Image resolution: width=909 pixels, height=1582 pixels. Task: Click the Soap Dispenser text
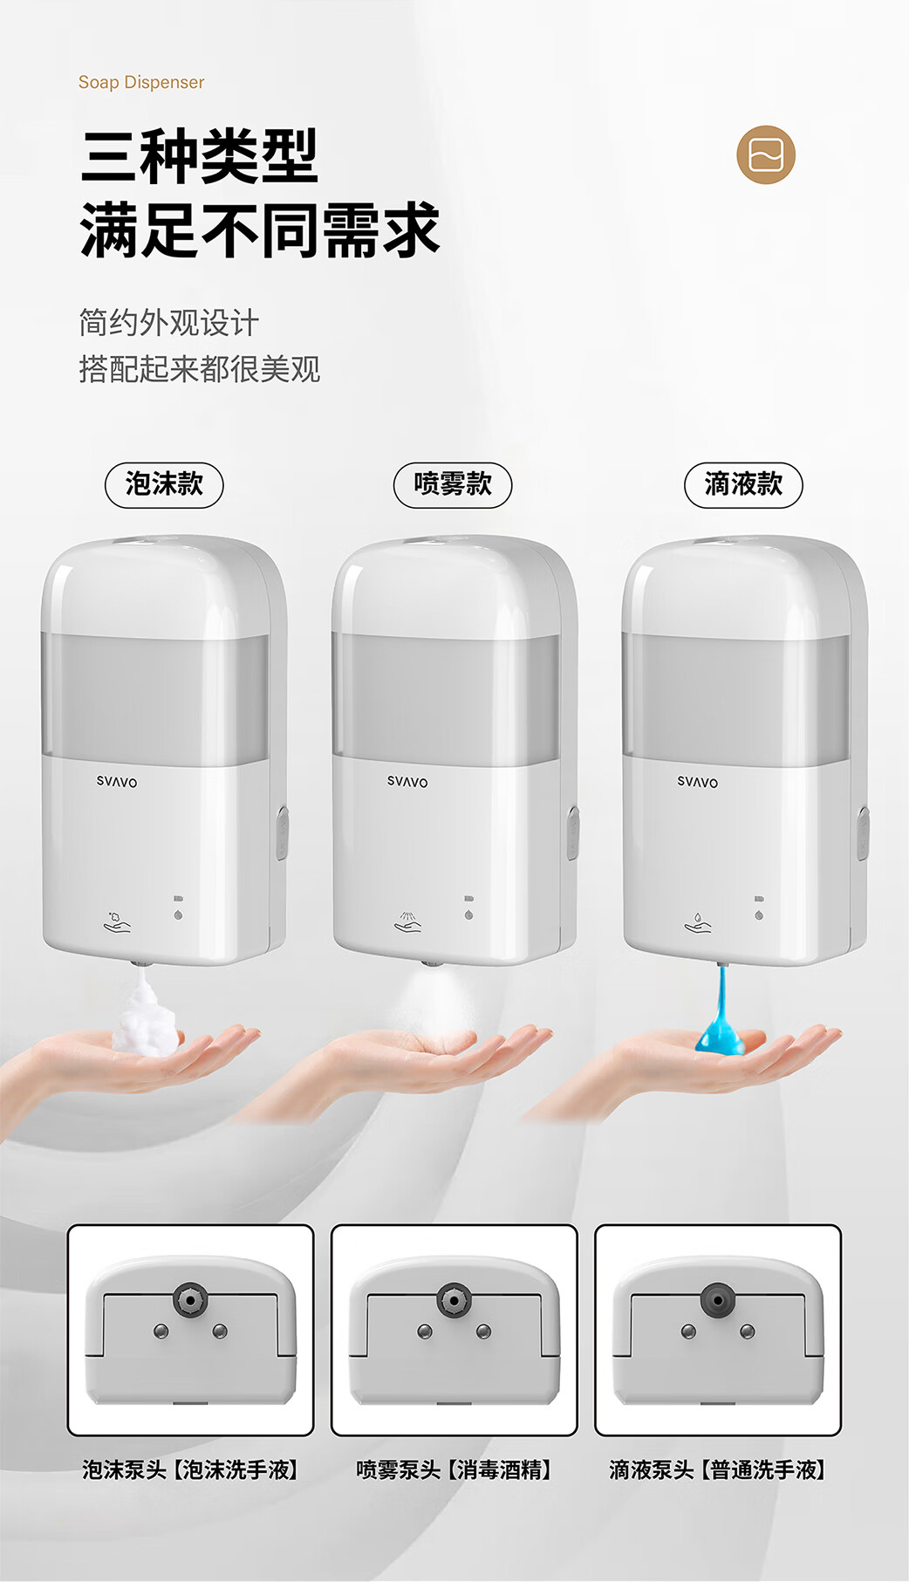tap(141, 82)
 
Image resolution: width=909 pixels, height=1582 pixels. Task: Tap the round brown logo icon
tap(766, 155)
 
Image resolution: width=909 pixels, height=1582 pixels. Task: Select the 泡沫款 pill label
tap(164, 484)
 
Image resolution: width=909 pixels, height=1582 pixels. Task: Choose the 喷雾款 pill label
tap(453, 484)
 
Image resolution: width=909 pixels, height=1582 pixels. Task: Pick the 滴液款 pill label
tap(743, 484)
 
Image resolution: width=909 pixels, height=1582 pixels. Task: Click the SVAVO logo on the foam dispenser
tap(117, 782)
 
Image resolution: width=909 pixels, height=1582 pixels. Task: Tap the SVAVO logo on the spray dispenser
tap(407, 782)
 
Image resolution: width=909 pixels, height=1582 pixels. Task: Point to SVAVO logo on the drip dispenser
tap(698, 782)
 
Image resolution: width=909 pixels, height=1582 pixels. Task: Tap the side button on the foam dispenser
tap(283, 832)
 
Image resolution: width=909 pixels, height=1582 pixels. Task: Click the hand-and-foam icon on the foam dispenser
tap(117, 922)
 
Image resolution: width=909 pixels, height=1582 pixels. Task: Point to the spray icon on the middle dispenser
tap(407, 922)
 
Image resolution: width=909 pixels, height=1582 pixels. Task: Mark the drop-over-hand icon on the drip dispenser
tap(698, 922)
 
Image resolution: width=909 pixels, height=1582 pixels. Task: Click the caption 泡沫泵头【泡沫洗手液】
tap(191, 1470)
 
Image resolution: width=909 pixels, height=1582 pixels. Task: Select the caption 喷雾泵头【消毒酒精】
tap(454, 1470)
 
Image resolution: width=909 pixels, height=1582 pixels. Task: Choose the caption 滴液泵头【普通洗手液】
tap(718, 1470)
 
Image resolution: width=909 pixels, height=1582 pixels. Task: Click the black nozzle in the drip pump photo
tap(717, 1300)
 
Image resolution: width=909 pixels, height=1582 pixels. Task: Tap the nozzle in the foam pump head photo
tap(189, 1300)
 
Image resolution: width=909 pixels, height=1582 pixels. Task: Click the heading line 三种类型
tap(200, 156)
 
